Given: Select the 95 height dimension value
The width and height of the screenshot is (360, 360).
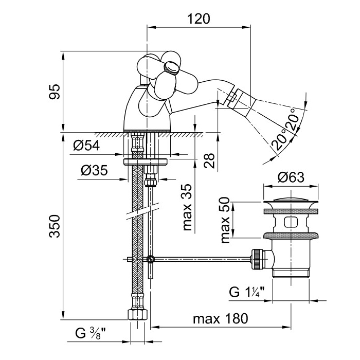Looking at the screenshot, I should [55, 92].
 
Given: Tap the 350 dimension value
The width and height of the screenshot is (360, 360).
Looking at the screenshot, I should [55, 226].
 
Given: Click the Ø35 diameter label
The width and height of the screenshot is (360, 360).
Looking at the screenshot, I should [94, 170].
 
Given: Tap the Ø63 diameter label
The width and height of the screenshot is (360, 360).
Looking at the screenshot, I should [291, 178].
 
